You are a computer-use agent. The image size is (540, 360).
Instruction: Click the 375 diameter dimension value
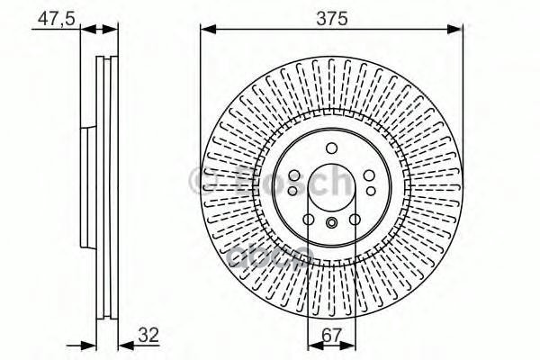pyautogui.click(x=332, y=18)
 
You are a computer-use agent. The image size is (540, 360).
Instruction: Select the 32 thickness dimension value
pyautogui.click(x=148, y=337)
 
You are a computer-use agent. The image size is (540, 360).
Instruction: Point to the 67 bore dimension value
pyautogui.click(x=330, y=337)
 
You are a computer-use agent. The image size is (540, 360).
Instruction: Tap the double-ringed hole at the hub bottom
pyautogui.click(x=331, y=224)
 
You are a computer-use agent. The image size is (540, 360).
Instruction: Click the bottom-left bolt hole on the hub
pyautogui.click(x=309, y=219)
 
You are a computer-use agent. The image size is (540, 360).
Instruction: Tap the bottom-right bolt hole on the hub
pyautogui.click(x=354, y=219)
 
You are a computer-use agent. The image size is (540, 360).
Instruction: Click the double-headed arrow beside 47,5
pyautogui.click(x=99, y=30)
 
